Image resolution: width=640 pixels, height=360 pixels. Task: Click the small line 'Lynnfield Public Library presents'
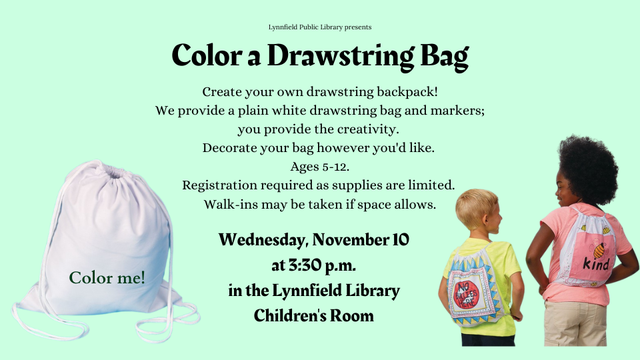tap(319, 27)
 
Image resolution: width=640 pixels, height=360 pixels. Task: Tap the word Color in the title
tap(207, 55)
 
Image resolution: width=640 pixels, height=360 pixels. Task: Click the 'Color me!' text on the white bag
tap(107, 277)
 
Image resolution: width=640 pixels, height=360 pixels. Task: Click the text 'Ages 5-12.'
tap(319, 167)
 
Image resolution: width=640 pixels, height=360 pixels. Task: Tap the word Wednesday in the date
tap(263, 239)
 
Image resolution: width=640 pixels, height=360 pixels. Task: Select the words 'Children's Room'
tap(313, 315)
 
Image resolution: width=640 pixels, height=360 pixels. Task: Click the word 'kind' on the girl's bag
tap(596, 264)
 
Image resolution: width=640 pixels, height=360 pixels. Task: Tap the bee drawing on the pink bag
tap(599, 249)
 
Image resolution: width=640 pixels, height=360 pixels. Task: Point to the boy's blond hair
tap(475, 206)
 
